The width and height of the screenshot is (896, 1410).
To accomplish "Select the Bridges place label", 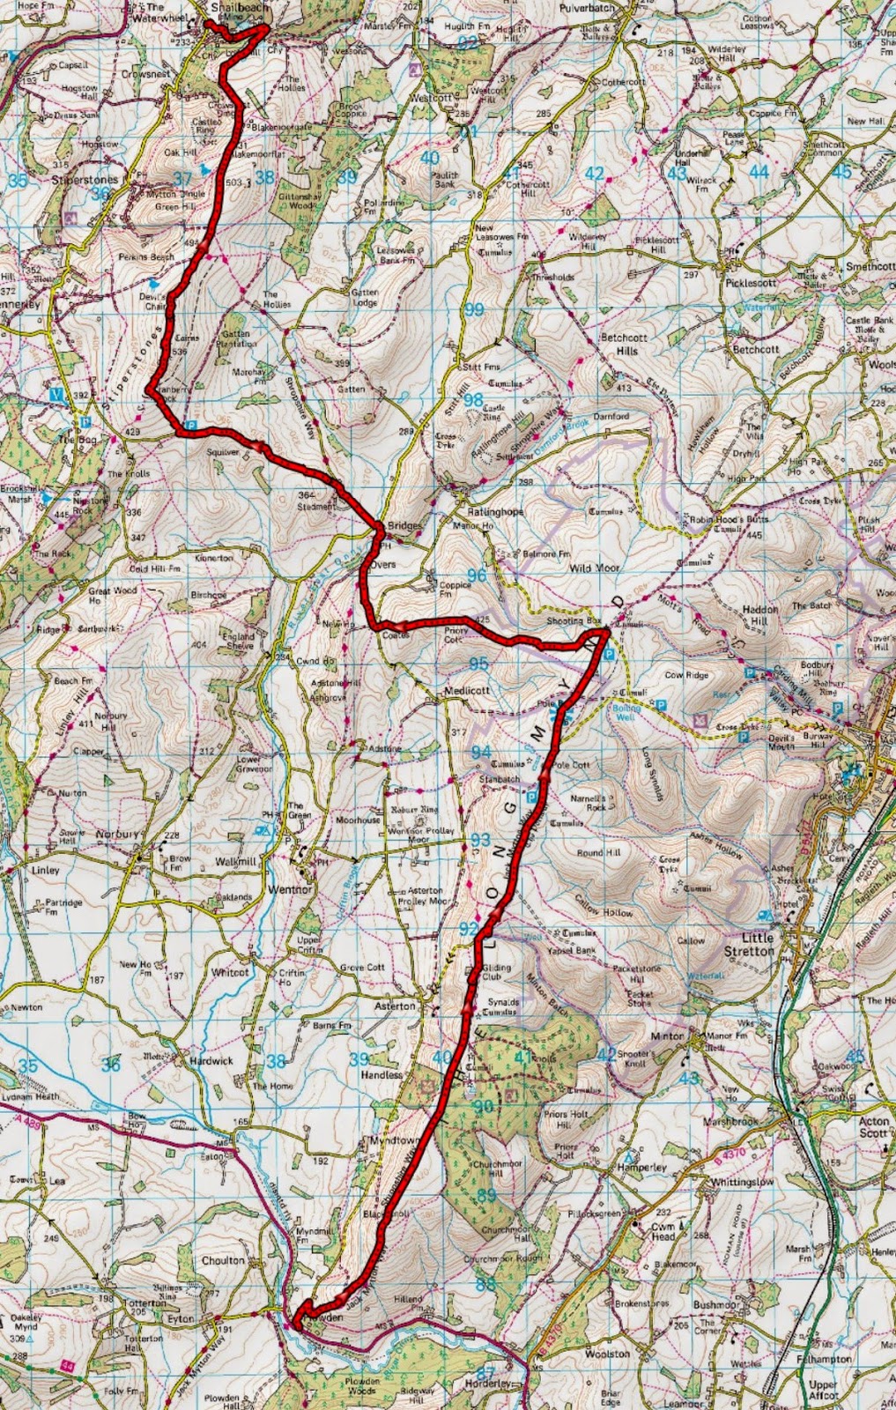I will pos(404,526).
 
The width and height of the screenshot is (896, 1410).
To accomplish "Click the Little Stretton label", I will pos(748,945).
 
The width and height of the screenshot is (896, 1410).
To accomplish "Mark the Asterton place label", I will pos(395,1006).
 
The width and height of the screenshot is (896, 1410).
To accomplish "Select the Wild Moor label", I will pos(594,569).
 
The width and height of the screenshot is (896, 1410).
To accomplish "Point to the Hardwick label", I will pos(211,1061).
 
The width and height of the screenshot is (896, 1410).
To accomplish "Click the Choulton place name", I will pos(223,1260).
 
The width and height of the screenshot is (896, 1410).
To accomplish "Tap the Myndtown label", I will pos(394,1140).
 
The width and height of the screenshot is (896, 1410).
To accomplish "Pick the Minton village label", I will pos(667,1036).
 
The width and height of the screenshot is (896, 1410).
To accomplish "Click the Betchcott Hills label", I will pos(624,344).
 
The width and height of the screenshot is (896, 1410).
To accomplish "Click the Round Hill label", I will pos(598,853).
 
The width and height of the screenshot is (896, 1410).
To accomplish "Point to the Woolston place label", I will pos(607,1354).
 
